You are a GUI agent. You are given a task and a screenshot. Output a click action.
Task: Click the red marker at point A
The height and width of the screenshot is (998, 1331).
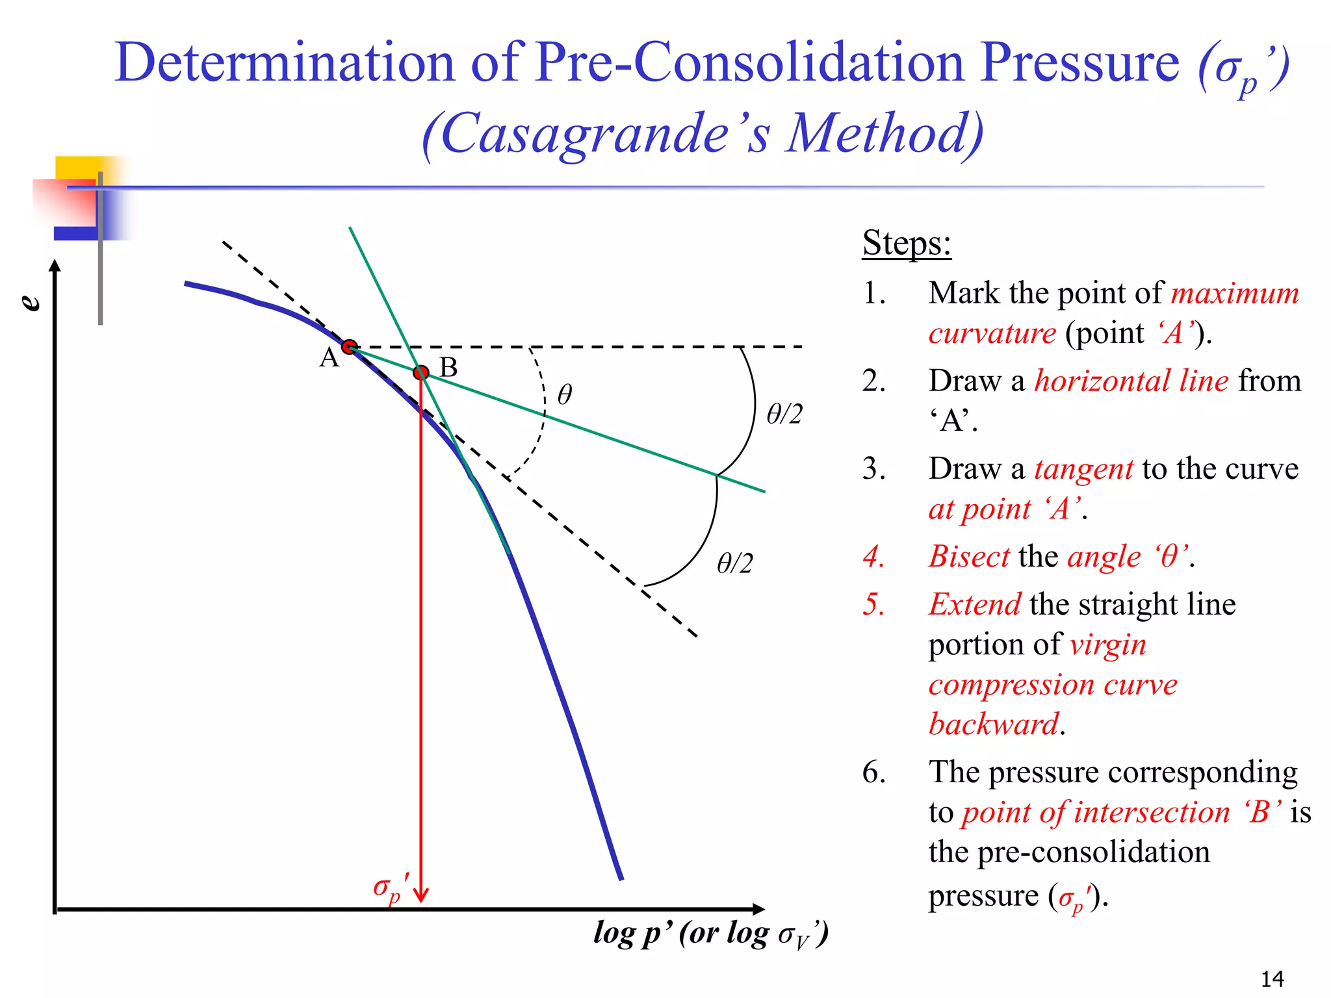pos(350,346)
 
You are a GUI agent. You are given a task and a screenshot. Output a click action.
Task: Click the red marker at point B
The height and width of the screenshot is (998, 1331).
pos(421,372)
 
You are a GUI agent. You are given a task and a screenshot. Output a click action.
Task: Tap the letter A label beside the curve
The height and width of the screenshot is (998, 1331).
pos(329,358)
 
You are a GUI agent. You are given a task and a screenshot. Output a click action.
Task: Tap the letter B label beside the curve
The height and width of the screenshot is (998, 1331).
pos(448,368)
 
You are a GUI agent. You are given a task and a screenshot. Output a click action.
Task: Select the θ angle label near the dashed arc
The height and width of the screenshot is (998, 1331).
pos(565,394)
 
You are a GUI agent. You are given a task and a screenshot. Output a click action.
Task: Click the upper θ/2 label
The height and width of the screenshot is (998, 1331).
pos(784,414)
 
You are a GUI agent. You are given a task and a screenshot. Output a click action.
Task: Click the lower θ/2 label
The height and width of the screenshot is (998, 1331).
pos(734,563)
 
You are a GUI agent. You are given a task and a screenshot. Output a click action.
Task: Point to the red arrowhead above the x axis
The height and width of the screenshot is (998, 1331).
pos(421,895)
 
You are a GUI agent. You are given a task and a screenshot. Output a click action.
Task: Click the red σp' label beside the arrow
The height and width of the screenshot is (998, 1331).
pos(391,888)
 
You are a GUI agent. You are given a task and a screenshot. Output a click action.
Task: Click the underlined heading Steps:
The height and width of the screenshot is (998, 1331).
pos(907,244)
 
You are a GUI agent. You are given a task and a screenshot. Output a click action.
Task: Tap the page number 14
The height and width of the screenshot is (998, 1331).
pos(1272,979)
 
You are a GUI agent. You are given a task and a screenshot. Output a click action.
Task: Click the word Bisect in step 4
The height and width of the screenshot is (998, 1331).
pos(969,557)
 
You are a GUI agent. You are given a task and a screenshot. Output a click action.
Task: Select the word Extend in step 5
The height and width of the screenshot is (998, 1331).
pos(974,605)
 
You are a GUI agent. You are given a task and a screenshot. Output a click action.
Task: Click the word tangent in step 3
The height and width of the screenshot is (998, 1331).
pos(1083,469)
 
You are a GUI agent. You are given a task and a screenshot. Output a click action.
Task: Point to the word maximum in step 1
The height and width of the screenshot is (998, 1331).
pos(1234,294)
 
